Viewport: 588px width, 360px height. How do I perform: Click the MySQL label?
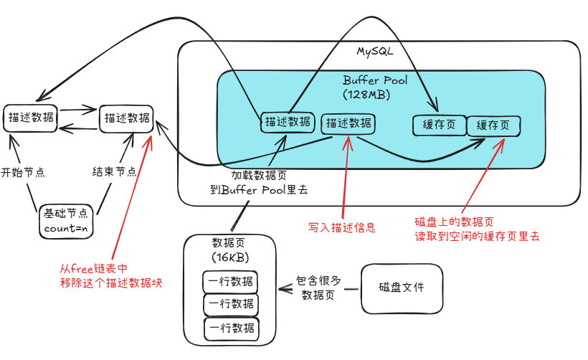click(x=375, y=52)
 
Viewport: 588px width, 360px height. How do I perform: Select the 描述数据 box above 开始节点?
click(x=31, y=118)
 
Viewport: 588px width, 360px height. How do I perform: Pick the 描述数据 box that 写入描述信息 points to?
click(x=348, y=123)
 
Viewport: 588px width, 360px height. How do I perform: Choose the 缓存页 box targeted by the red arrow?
click(x=493, y=125)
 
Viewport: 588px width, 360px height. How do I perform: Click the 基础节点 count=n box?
click(x=66, y=219)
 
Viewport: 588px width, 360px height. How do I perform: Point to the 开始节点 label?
click(x=23, y=173)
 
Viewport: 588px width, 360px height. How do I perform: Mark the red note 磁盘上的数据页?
click(x=477, y=228)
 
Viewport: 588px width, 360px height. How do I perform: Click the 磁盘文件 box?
click(x=402, y=288)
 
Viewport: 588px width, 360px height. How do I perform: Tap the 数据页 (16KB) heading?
click(x=229, y=249)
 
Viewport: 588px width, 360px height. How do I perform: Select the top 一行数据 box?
click(x=230, y=281)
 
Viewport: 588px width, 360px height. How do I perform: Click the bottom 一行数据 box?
click(x=230, y=329)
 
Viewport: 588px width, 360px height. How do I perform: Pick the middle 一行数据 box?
click(x=230, y=305)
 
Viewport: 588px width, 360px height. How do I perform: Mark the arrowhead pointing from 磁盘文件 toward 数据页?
click(x=282, y=290)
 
